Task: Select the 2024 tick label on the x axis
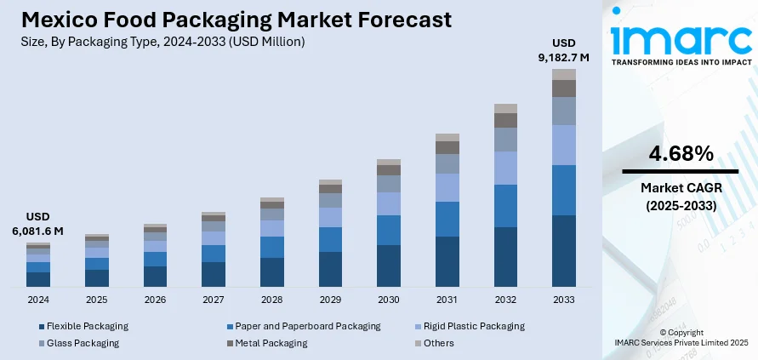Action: pyautogui.click(x=38, y=300)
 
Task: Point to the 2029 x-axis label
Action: pyautogui.click(x=330, y=300)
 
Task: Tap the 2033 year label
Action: pyautogui.click(x=563, y=300)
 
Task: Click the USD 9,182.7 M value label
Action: pyautogui.click(x=564, y=50)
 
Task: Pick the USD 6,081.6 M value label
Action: pyautogui.click(x=38, y=224)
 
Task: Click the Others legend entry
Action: pyautogui.click(x=438, y=343)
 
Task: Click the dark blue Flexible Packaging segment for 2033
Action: pyautogui.click(x=564, y=250)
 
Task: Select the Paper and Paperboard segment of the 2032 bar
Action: pyautogui.click(x=505, y=205)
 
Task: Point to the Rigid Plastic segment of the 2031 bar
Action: pyautogui.click(x=447, y=187)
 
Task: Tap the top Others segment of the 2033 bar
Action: pyautogui.click(x=564, y=74)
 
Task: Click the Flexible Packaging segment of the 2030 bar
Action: pyautogui.click(x=389, y=265)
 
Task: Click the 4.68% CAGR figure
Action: pyautogui.click(x=681, y=154)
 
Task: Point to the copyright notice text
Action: pyautogui.click(x=681, y=337)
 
